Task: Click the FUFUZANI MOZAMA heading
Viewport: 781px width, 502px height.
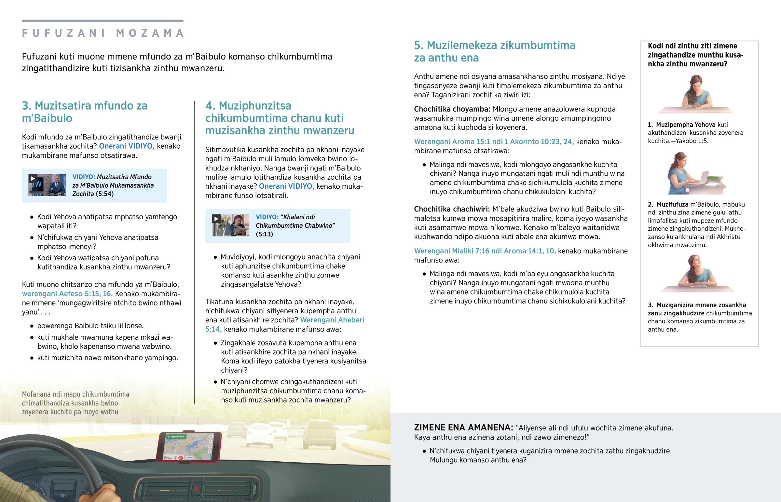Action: click(103, 33)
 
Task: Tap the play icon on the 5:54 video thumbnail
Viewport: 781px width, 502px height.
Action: click(33, 178)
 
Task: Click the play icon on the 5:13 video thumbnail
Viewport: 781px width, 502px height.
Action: click(216, 218)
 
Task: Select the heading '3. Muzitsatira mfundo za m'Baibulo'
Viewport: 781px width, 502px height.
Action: click(85, 112)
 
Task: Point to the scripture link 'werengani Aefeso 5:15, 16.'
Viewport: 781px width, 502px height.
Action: click(67, 293)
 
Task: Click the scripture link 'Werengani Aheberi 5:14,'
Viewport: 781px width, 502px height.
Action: click(284, 324)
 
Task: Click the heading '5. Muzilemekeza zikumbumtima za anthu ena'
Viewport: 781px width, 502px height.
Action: click(495, 51)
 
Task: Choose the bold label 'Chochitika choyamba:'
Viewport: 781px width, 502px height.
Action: click(452, 109)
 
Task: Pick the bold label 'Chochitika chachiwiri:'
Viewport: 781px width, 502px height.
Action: click(452, 209)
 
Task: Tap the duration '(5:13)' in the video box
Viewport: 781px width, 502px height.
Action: click(264, 234)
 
